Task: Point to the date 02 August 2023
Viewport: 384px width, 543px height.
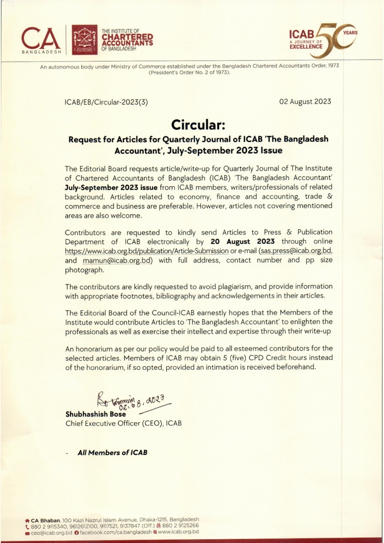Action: click(305, 101)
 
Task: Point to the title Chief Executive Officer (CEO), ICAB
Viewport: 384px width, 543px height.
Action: click(124, 424)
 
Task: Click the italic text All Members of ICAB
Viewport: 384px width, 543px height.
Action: click(112, 453)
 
